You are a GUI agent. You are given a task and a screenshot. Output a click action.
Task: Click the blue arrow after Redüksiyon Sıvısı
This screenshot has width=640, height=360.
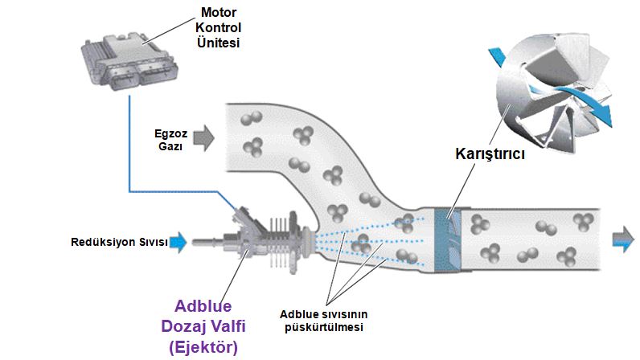point(178,240)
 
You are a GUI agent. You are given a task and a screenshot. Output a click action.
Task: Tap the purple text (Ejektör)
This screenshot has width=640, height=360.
point(202,347)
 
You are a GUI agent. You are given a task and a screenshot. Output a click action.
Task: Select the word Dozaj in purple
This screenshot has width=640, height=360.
point(181,328)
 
